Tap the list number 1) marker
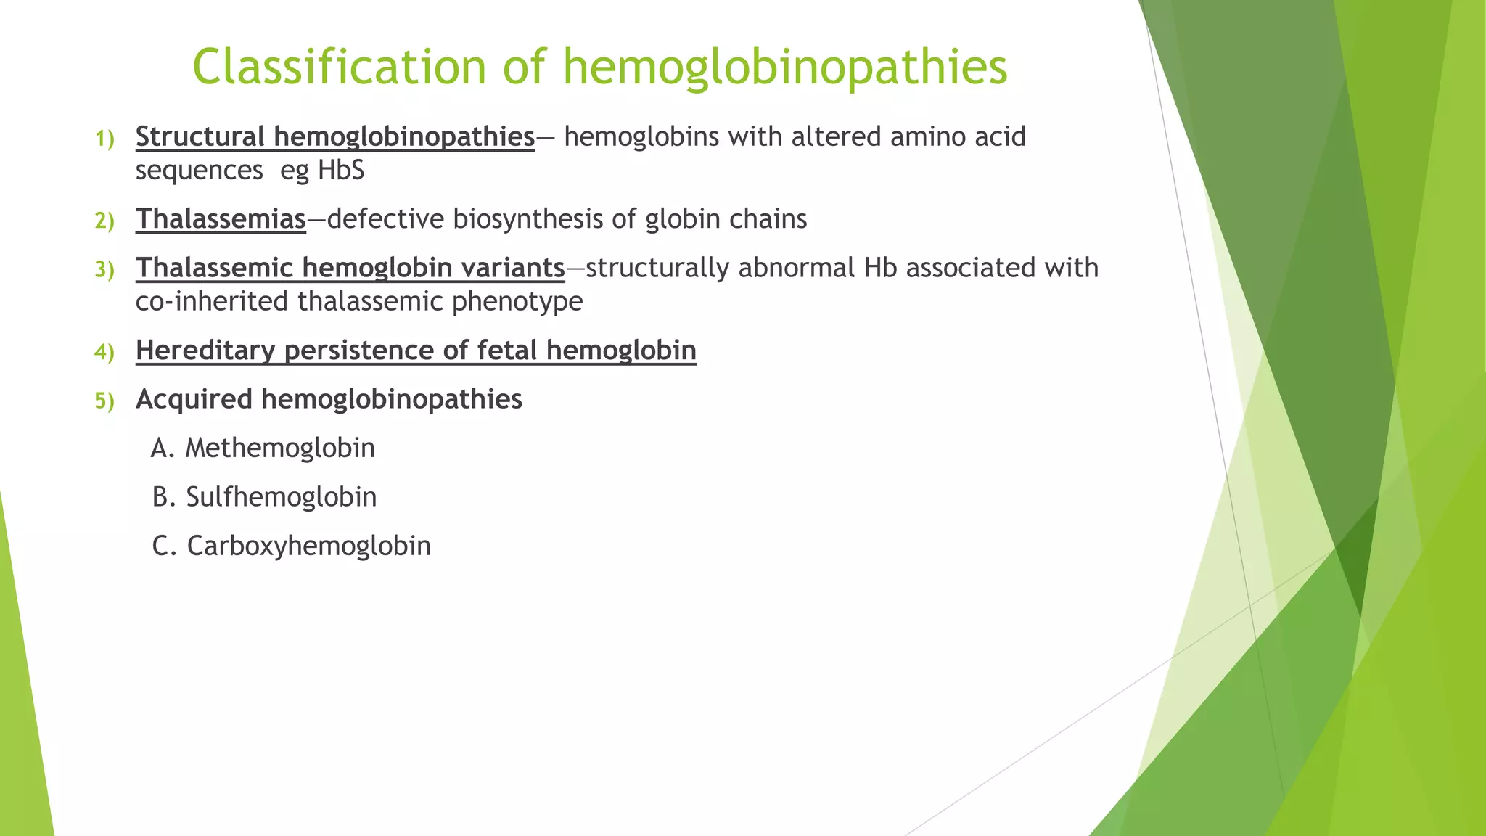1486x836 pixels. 104,139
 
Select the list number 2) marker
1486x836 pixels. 104,221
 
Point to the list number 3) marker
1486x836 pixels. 104,270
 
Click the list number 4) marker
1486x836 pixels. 104,353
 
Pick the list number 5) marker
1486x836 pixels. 104,401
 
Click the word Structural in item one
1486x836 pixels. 200,136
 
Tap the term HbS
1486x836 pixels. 341,171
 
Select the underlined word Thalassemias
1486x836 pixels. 221,219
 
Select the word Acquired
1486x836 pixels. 194,399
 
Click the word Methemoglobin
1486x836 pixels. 280,448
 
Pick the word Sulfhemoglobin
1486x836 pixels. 282,497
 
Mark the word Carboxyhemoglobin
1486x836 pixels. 309,546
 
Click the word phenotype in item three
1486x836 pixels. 517,301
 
